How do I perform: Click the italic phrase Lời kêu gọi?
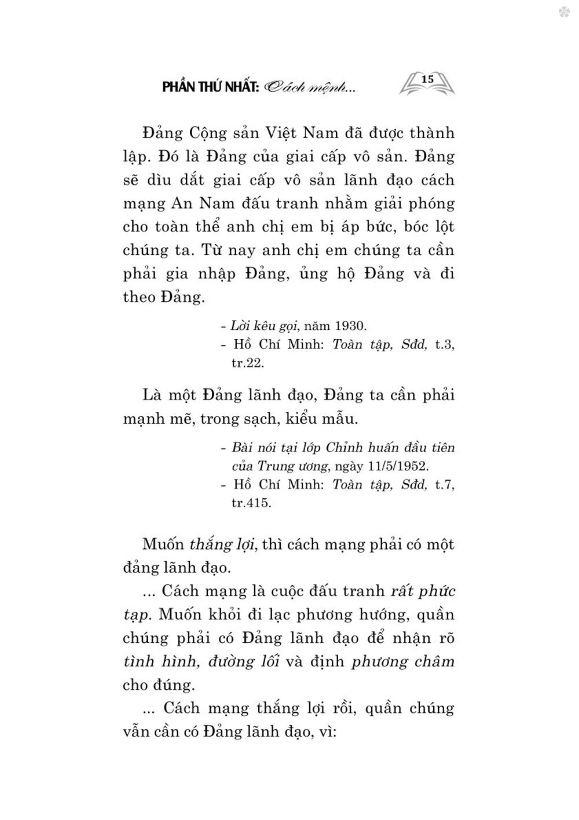coord(265,324)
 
